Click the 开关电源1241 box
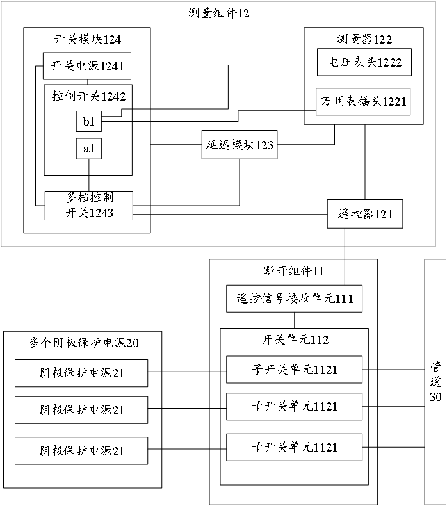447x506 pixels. pos(88,65)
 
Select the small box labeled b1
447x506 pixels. pos(88,120)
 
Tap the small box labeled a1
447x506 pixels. pos(88,149)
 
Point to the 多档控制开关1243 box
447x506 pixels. pos(88,206)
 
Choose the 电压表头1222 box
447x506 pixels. pos(364,61)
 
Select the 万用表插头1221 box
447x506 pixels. pos(364,101)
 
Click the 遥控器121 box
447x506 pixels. pos(365,214)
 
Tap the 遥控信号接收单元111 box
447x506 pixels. pos(294,298)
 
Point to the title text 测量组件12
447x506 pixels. pos(219,13)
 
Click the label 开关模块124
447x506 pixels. pos(88,39)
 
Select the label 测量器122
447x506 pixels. pos(363,39)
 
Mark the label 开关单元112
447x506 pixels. pos(294,340)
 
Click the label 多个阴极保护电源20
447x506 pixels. pos(84,343)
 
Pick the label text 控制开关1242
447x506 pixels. pos(88,96)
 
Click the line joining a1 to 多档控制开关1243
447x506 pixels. pos(88,174)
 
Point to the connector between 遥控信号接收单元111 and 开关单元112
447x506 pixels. pos(294,320)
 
